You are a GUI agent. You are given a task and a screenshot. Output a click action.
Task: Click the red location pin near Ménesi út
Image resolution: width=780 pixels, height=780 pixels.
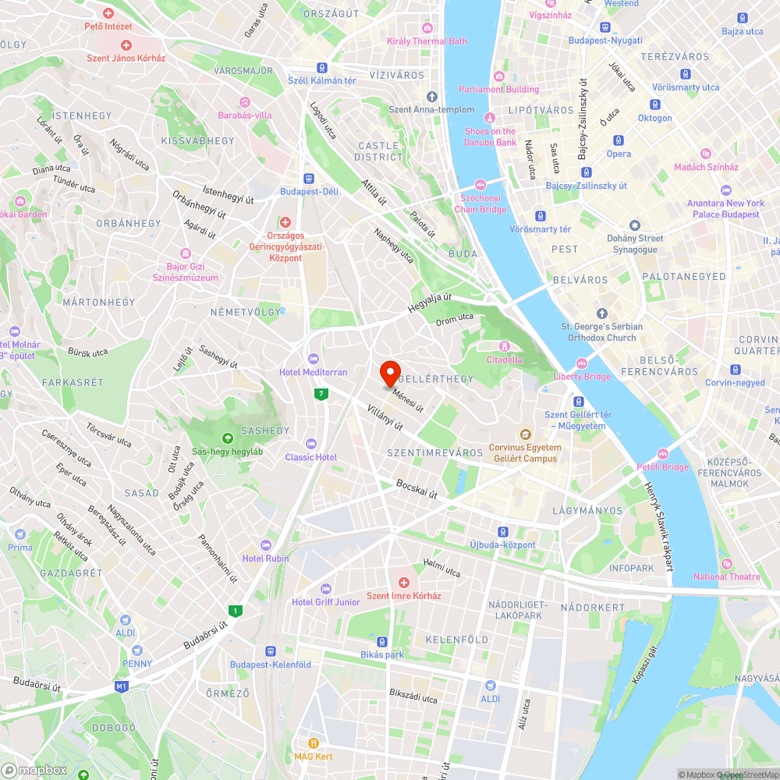click(390, 374)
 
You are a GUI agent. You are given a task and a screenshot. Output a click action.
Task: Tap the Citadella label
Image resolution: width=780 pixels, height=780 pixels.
click(505, 360)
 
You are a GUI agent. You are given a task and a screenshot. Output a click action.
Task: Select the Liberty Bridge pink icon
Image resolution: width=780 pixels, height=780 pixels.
click(582, 363)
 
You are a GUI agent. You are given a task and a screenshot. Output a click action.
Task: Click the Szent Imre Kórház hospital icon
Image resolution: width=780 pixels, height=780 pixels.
click(404, 583)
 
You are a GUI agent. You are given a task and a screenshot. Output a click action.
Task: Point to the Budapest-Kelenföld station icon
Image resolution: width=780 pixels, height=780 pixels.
click(271, 651)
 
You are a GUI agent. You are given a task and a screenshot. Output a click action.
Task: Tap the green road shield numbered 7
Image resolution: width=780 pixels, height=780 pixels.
click(321, 394)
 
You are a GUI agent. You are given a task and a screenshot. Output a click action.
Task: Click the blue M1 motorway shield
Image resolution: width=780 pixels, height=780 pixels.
click(121, 686)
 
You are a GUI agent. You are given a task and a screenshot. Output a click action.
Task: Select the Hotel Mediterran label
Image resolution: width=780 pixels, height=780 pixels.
click(314, 372)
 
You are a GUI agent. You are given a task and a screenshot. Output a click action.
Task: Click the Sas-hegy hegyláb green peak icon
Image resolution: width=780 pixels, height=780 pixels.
click(227, 438)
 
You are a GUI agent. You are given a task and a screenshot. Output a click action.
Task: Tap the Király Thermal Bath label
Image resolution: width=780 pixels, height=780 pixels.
click(427, 41)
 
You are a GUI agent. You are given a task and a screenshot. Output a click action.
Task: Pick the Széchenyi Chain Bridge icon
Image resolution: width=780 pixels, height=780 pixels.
click(481, 185)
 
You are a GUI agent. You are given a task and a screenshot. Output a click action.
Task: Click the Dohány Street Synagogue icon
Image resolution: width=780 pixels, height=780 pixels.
click(635, 225)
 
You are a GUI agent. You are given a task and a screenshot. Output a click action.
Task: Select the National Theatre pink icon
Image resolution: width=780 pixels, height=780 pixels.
click(727, 563)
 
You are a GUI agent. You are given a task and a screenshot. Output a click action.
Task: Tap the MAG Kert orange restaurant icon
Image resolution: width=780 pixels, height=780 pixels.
click(314, 743)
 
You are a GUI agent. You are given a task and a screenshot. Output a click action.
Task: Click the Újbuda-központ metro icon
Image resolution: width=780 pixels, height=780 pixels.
click(503, 530)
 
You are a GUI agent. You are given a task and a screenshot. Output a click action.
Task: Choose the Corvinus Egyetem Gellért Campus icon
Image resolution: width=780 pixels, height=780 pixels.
click(525, 434)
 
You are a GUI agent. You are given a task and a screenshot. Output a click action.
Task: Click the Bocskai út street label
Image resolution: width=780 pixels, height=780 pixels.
click(417, 489)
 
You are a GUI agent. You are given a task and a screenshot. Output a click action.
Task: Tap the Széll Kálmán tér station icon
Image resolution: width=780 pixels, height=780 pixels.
click(322, 67)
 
